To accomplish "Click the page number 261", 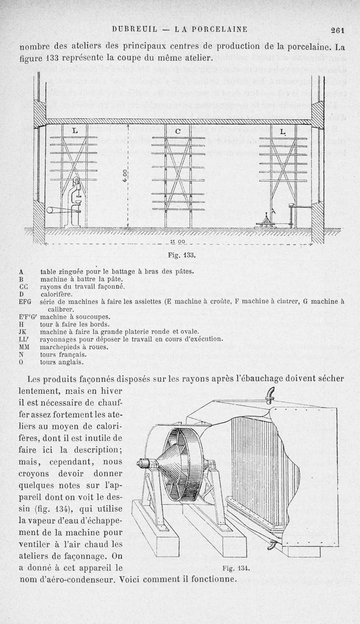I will pyautogui.click(x=337, y=30).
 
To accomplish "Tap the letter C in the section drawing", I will pyautogui.click(x=178, y=131).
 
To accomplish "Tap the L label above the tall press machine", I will pyautogui.click(x=75, y=130).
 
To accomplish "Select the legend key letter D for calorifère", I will pyautogui.click(x=22, y=294).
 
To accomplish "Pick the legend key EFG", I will pyautogui.click(x=25, y=302).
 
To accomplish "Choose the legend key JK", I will pyautogui.click(x=23, y=332).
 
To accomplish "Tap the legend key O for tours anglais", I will pyautogui.click(x=22, y=361).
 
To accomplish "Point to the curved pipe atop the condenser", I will pyautogui.click(x=270, y=395).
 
